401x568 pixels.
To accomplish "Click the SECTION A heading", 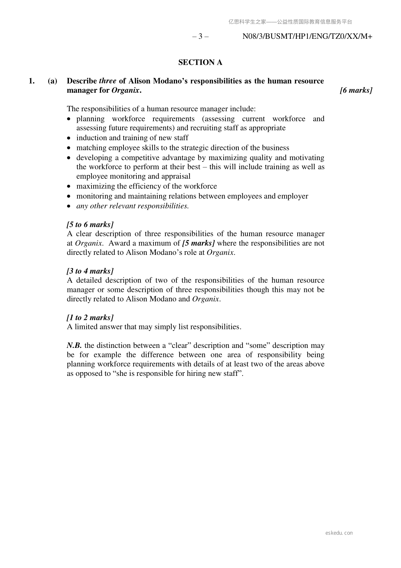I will [200, 62].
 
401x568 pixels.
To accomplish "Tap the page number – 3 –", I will [200, 36].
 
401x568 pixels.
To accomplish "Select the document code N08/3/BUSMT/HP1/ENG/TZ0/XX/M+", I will [307, 36].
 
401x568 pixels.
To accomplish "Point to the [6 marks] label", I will [356, 90].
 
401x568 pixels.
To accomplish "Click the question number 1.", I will [32, 81].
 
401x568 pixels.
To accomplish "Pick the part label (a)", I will [52, 81].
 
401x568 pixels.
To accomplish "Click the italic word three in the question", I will [107, 81].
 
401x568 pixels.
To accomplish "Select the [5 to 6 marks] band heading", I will [90, 225].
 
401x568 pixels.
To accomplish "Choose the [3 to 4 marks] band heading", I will [90, 271].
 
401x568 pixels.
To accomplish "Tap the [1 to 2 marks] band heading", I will [90, 318].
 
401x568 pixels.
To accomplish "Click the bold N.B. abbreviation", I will [74, 346].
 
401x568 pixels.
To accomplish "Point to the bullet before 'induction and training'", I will [69, 138].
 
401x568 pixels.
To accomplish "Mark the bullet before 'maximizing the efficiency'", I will [69, 186].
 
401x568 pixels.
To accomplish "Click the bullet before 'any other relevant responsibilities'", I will [69, 206].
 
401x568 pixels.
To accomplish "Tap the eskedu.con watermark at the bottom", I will [339, 533].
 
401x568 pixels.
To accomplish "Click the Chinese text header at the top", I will [290, 22].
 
